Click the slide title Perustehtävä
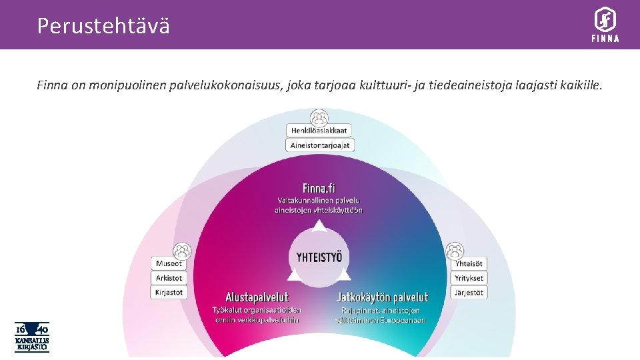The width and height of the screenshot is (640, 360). point(103,26)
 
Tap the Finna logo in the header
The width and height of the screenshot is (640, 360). point(605,25)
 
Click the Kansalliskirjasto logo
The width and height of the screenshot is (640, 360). point(32,337)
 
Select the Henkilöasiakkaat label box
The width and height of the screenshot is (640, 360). point(319,131)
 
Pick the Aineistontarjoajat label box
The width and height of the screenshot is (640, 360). point(319,145)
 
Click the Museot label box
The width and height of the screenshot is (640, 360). point(169,263)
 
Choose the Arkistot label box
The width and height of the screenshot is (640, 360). point(169,278)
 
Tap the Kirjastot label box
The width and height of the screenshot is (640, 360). point(169,293)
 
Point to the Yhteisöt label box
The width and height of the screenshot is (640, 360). point(469,263)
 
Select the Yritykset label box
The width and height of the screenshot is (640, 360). point(469,278)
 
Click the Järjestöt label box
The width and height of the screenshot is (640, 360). point(469,293)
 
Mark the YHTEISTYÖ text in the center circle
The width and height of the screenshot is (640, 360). point(319,256)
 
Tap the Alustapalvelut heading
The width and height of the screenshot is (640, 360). point(257,297)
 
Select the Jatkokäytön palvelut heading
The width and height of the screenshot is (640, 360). point(382,297)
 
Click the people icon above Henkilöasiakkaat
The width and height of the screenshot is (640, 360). point(319,117)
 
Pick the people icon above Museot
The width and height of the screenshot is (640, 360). point(181,251)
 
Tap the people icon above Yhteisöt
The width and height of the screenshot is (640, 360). point(455,251)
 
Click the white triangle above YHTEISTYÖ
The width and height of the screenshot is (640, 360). point(319,227)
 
